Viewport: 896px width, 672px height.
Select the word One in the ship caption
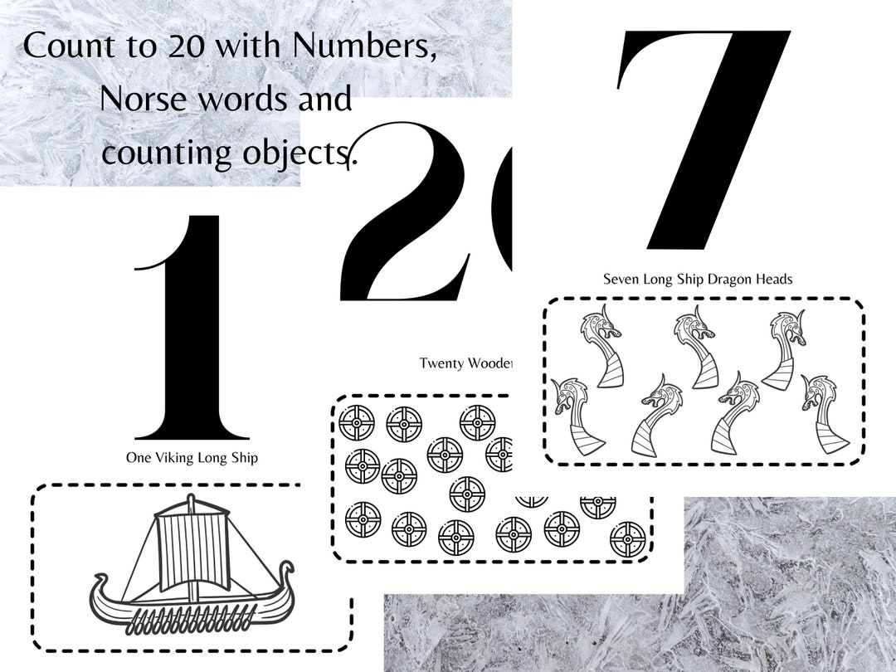coord(139,457)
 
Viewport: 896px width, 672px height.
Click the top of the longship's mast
coord(192,500)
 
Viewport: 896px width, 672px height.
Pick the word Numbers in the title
coord(364,45)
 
